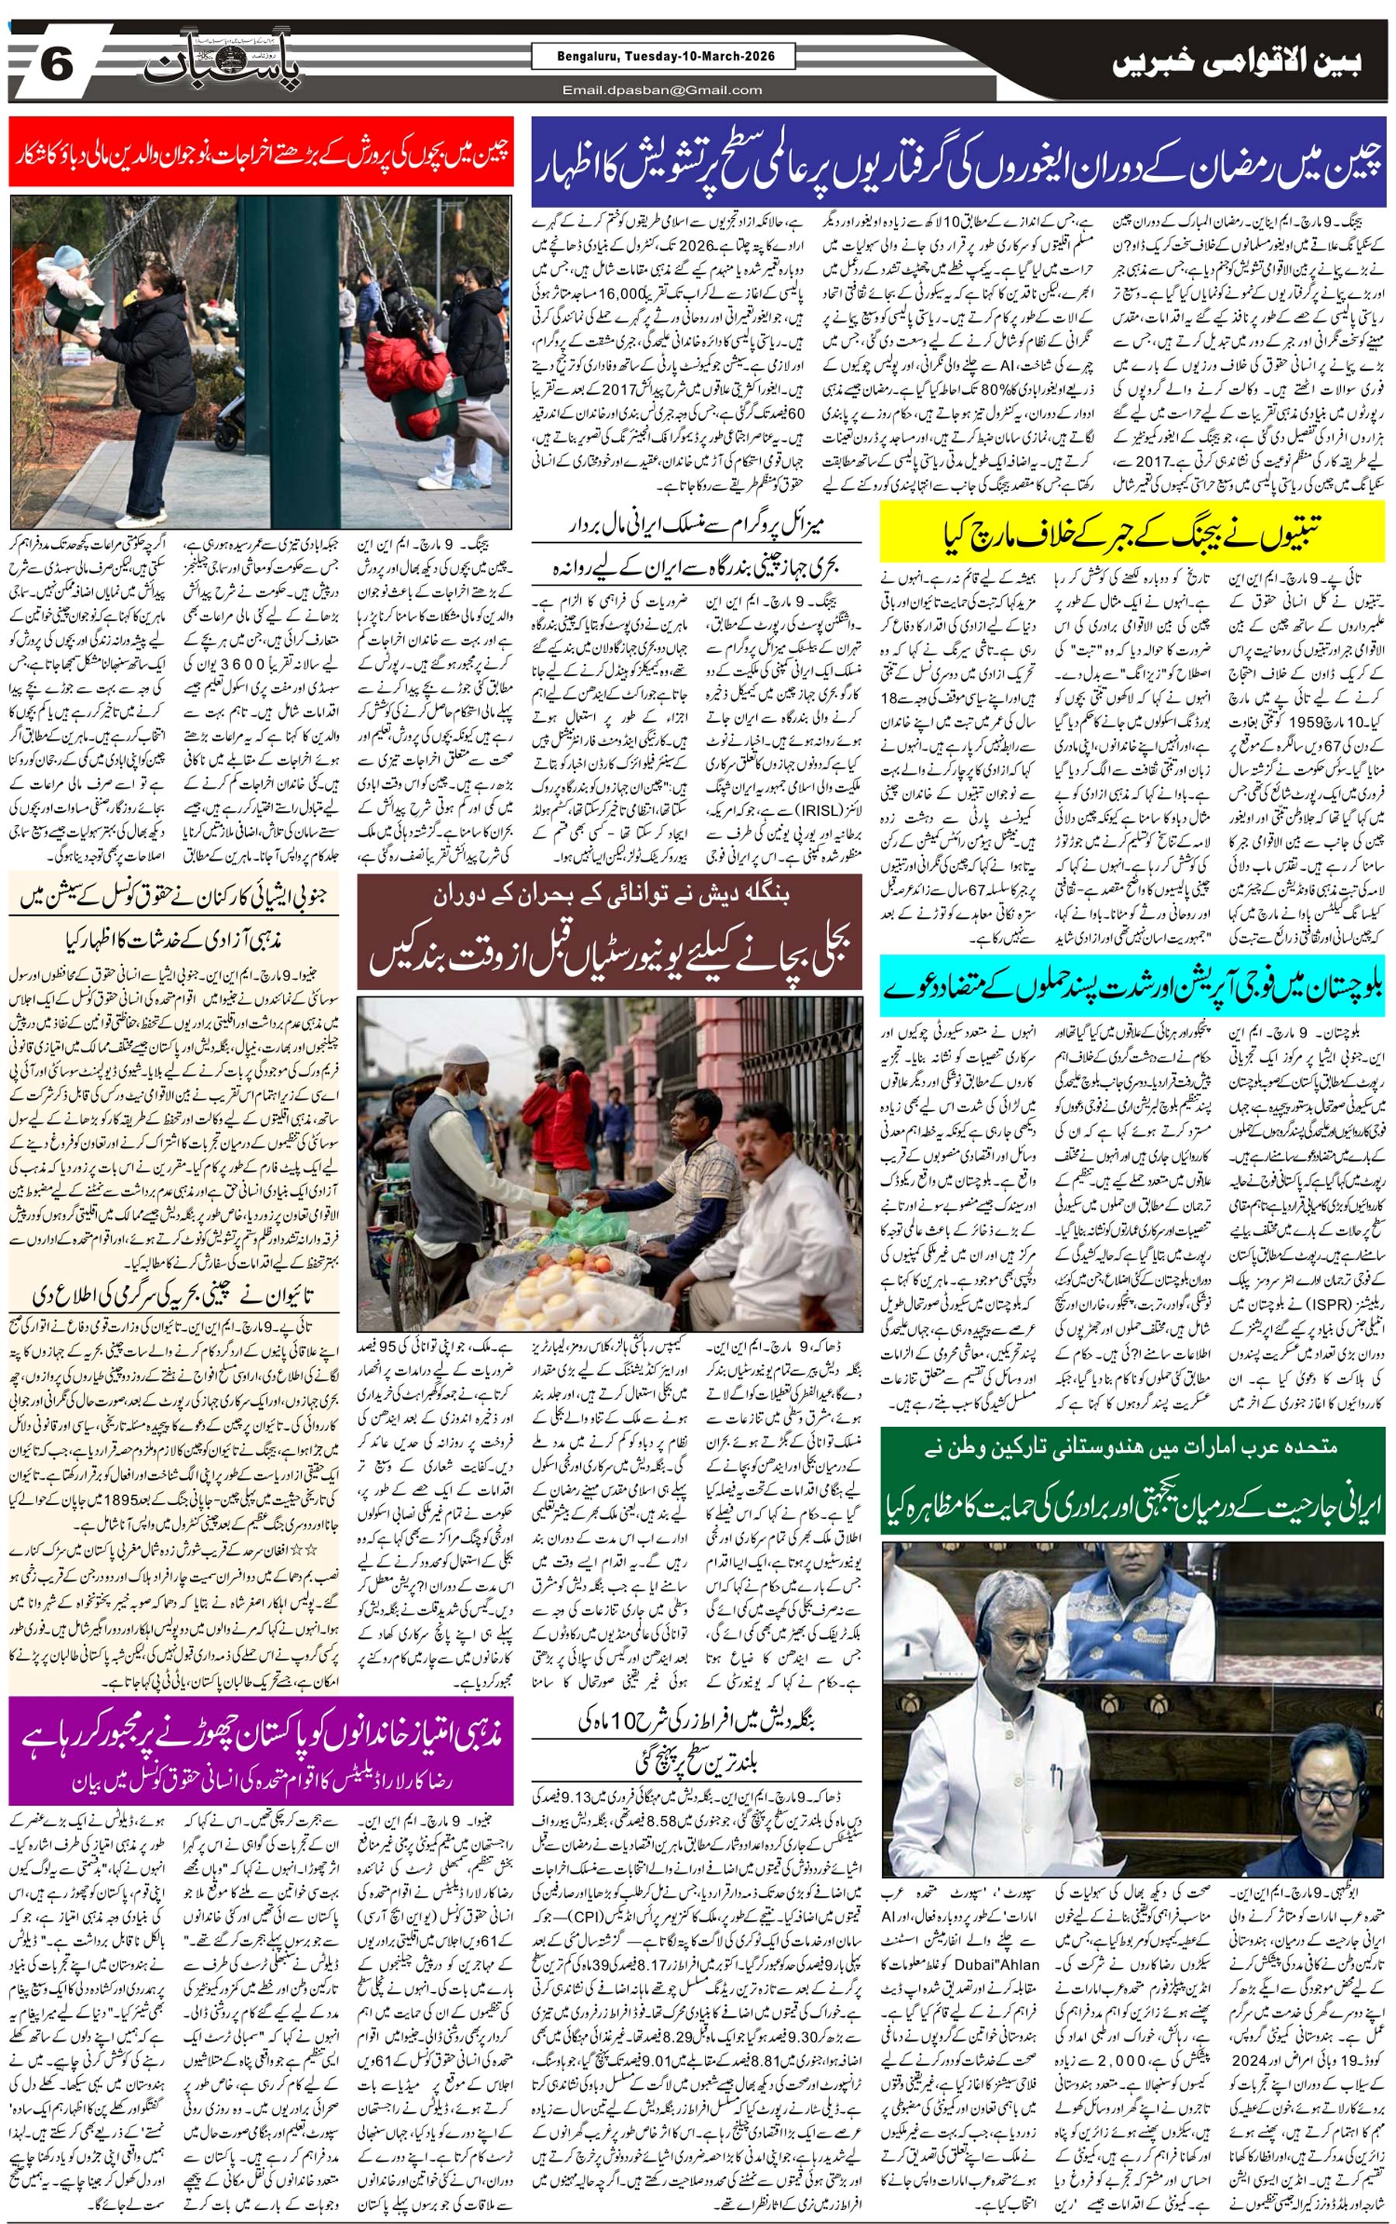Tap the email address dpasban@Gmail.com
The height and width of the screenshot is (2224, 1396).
663,89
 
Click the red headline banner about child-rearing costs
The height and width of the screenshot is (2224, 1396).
261,151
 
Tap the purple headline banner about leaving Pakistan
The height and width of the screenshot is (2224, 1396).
261,1749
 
